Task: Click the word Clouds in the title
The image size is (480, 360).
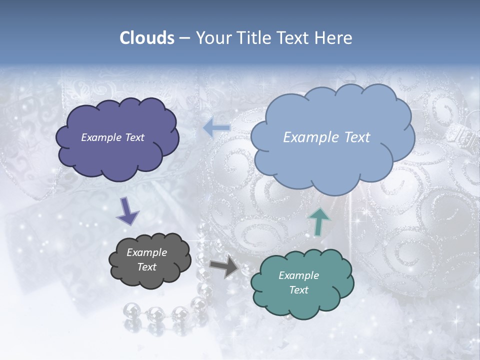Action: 147,38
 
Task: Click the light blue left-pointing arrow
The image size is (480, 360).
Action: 216,128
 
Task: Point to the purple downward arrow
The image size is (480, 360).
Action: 127,210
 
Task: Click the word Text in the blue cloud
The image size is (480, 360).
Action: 354,137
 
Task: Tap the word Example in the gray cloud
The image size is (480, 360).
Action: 146,252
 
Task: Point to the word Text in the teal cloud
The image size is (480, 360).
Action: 298,290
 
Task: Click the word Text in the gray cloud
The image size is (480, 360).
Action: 146,267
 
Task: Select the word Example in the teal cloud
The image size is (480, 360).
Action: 298,275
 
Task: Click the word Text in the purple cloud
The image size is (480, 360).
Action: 134,137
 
